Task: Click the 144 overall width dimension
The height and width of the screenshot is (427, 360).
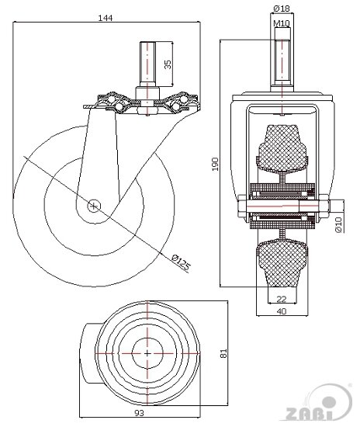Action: [x=105, y=18]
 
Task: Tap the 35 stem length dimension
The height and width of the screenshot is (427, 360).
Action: [x=168, y=64]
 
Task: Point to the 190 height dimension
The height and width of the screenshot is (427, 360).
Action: [x=215, y=164]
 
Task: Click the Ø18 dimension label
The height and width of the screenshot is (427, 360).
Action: [x=282, y=9]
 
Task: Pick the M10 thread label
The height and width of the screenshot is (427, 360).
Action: [x=282, y=24]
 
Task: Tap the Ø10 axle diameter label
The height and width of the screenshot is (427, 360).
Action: [x=338, y=224]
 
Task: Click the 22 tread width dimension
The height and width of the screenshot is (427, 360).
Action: [x=282, y=299]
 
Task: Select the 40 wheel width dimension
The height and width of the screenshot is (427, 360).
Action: [x=282, y=311]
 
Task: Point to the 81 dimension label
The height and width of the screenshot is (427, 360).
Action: [x=223, y=353]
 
